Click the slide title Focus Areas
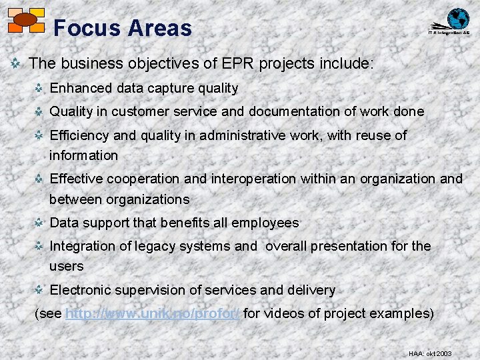point(122,28)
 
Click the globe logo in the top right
point(457,19)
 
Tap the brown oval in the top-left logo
point(25,20)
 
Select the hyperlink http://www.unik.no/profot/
point(153,313)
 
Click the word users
point(67,266)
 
